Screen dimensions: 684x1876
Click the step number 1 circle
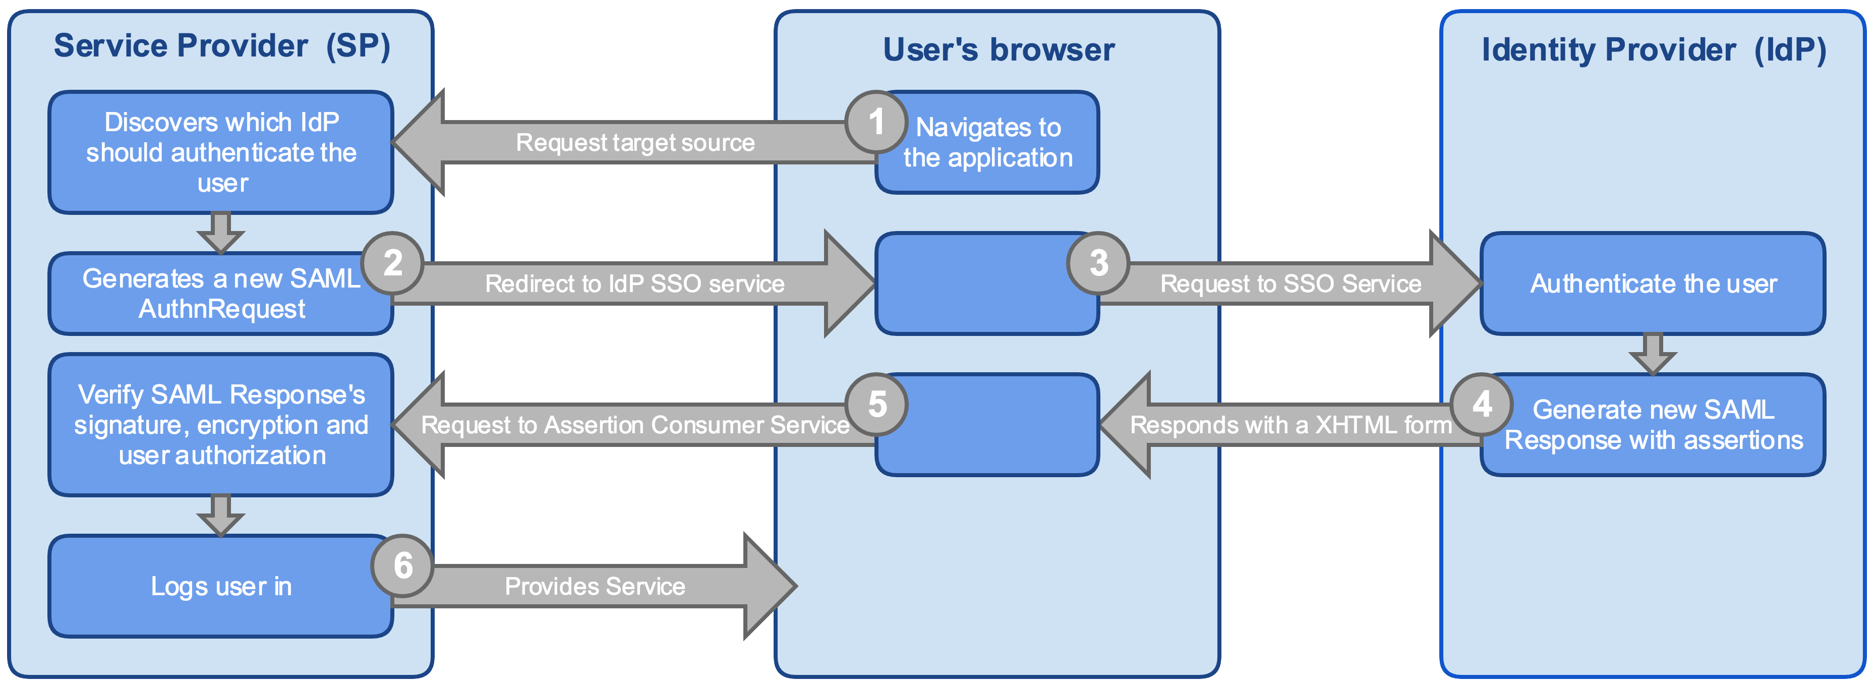(876, 122)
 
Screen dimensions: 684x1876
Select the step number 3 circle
(1098, 263)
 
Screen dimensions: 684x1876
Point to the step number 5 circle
(877, 404)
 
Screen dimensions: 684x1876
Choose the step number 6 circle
(403, 566)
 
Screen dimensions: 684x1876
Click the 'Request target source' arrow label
(635, 143)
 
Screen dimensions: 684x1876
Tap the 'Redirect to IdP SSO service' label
(635, 284)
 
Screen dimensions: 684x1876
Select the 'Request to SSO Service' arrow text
(1291, 284)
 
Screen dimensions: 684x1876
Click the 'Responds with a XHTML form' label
(1291, 425)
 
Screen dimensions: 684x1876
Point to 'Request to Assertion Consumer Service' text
(635, 425)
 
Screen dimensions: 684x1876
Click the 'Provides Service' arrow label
(595, 586)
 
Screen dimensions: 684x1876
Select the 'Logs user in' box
(221, 586)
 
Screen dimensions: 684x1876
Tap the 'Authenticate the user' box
(1653, 284)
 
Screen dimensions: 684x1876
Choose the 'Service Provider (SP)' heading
(222, 46)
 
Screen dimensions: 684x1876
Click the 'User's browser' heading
(999, 49)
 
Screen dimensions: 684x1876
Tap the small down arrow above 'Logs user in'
(221, 516)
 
